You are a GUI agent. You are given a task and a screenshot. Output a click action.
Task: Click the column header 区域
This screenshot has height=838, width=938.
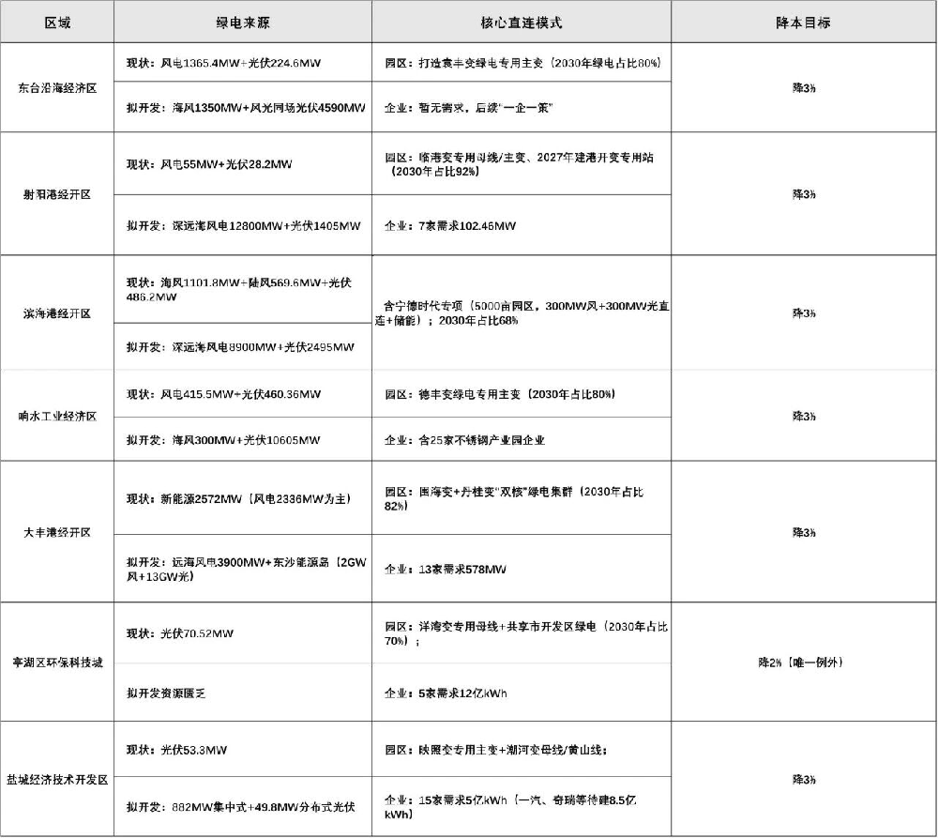[57, 22]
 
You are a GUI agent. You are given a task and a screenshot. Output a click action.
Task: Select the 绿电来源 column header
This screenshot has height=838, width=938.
[242, 22]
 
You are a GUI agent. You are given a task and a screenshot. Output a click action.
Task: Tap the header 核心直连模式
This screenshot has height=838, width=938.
[521, 22]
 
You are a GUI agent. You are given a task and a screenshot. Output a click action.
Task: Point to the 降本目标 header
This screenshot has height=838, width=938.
[803, 22]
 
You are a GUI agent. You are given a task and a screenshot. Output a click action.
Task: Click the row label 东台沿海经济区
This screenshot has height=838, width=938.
[57, 87]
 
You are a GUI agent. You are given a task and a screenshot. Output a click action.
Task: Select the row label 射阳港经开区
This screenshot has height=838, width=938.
[57, 194]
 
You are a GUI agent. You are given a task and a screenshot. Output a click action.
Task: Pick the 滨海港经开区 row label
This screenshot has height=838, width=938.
[57, 313]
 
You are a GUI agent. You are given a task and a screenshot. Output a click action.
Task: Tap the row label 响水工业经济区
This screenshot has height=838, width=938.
[57, 416]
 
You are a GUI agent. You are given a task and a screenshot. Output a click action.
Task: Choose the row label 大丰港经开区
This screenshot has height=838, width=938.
[57, 532]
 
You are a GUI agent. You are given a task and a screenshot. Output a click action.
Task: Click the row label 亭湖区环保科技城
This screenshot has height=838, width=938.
[57, 662]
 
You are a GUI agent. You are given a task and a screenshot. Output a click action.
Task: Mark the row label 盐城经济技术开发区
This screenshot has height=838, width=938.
[57, 779]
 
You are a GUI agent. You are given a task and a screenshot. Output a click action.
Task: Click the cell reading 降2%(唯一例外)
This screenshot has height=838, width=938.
[803, 662]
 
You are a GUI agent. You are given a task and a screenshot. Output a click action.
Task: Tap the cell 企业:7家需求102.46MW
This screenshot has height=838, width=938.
[450, 225]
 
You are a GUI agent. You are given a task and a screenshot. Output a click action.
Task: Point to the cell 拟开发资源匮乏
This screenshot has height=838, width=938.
[166, 693]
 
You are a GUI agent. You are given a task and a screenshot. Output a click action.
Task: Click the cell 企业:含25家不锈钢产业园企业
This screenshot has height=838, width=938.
[465, 439]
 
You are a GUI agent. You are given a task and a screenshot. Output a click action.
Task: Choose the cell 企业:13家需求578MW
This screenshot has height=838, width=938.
[446, 569]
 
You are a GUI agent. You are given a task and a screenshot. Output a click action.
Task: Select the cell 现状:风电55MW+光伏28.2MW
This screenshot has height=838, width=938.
[209, 164]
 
